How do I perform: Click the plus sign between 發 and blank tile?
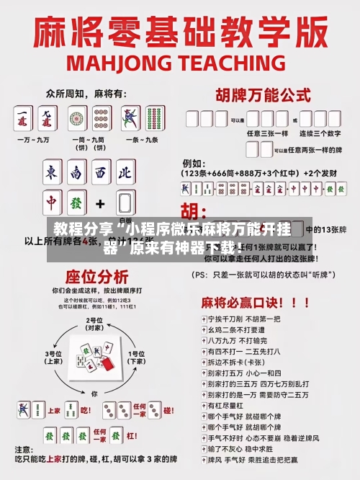pos(101,203)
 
